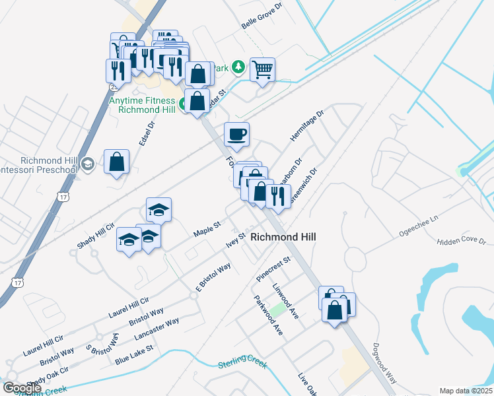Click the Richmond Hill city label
[283, 237]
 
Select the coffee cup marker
[237, 135]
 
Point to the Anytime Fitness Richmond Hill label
[143, 105]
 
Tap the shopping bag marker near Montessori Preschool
[116, 162]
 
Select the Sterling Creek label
[242, 361]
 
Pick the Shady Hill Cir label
[96, 234]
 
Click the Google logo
[22, 388]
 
